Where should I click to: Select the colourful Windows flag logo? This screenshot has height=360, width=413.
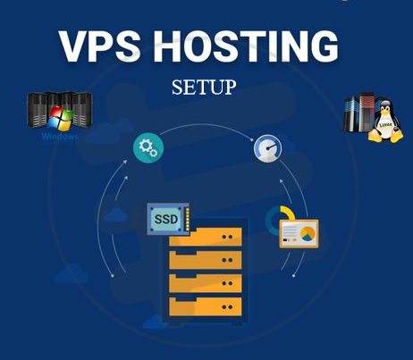(x=60, y=119)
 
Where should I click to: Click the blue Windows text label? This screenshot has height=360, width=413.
(x=59, y=137)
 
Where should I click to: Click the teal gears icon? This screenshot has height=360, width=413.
(x=147, y=148)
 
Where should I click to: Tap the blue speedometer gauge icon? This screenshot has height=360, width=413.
(x=267, y=148)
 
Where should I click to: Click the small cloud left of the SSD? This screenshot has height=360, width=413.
(x=115, y=215)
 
